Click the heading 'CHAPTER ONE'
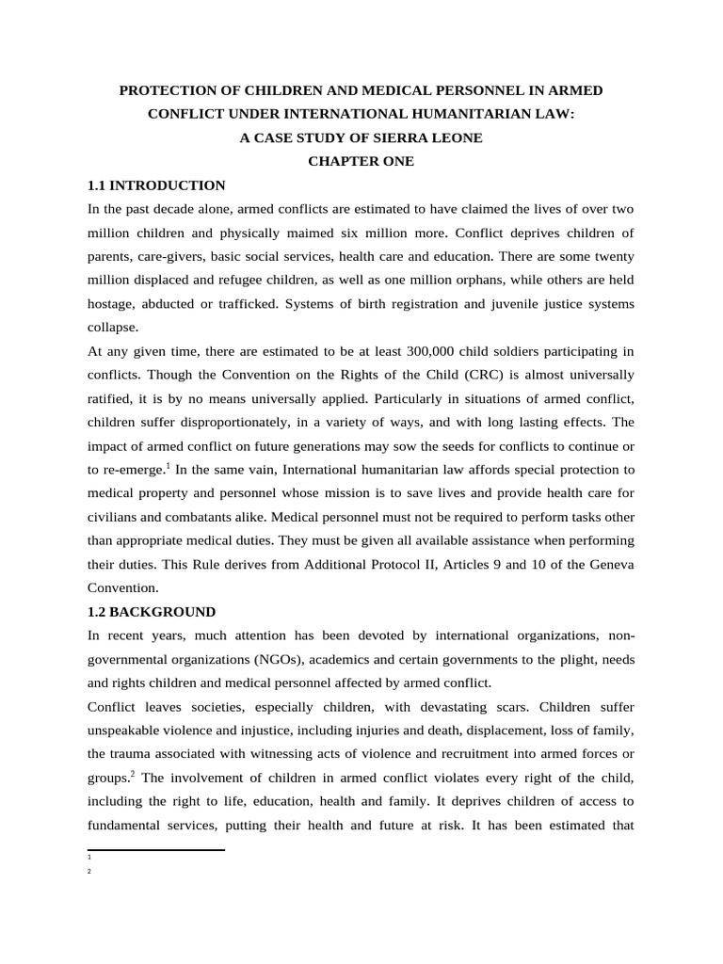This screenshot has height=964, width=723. tap(361, 161)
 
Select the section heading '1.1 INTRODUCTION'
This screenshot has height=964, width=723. tap(156, 185)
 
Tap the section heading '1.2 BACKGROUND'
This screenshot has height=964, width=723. tap(152, 611)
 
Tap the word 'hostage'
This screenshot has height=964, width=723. tap(112, 304)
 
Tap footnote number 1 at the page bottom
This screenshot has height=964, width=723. tap(88, 858)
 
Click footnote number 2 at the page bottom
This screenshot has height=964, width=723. tap(88, 872)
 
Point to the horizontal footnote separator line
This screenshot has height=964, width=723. tap(155, 850)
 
